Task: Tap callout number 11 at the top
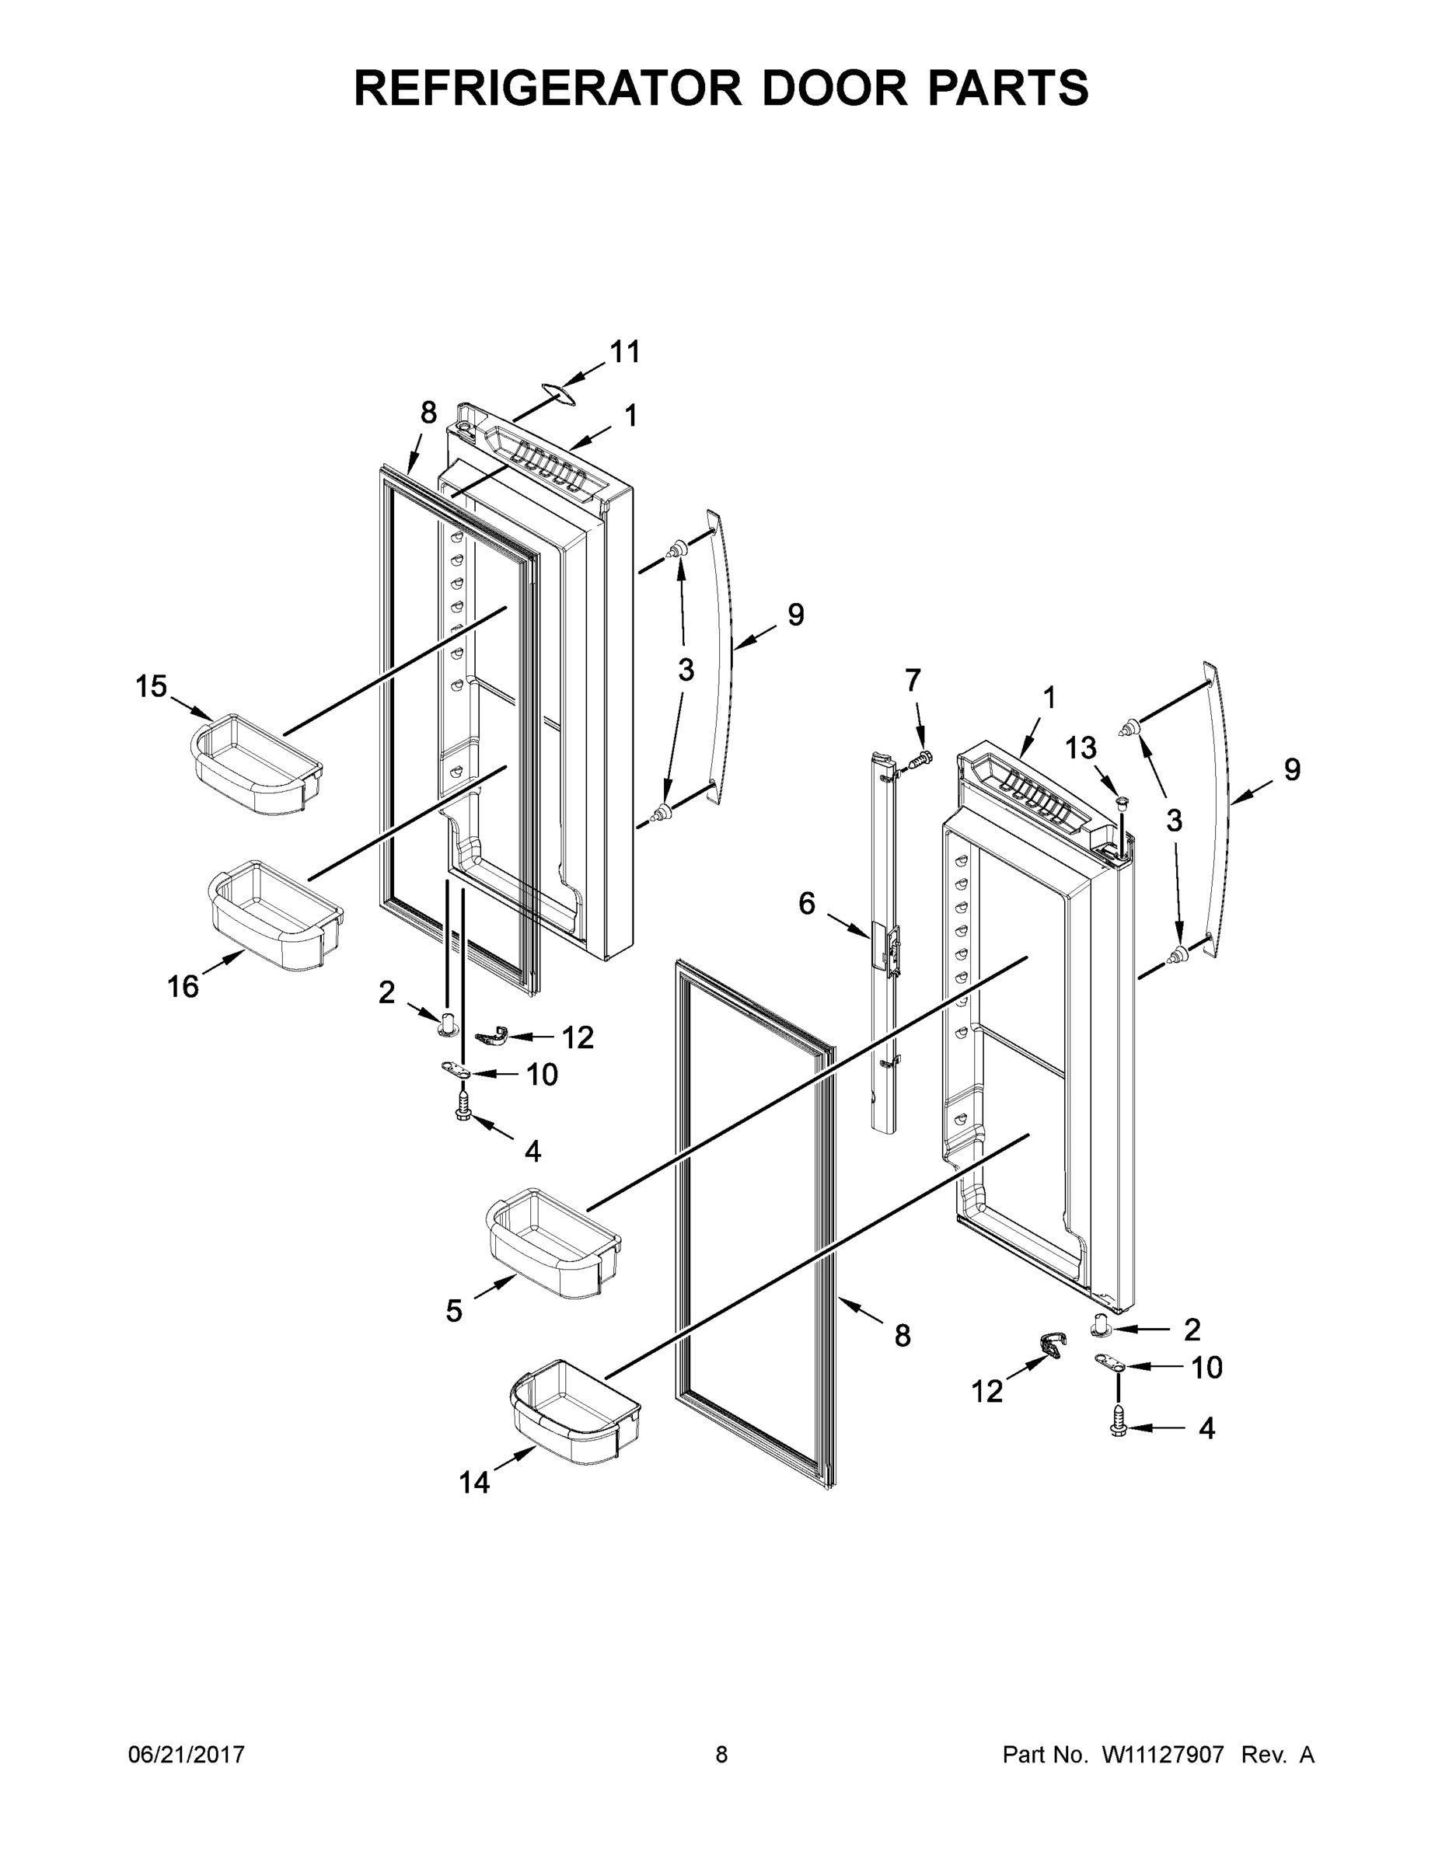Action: tap(624, 351)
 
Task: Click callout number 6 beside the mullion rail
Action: tap(806, 904)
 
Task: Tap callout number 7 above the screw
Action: tap(913, 681)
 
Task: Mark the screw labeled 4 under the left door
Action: tap(464, 1107)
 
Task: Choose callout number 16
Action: tap(183, 987)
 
